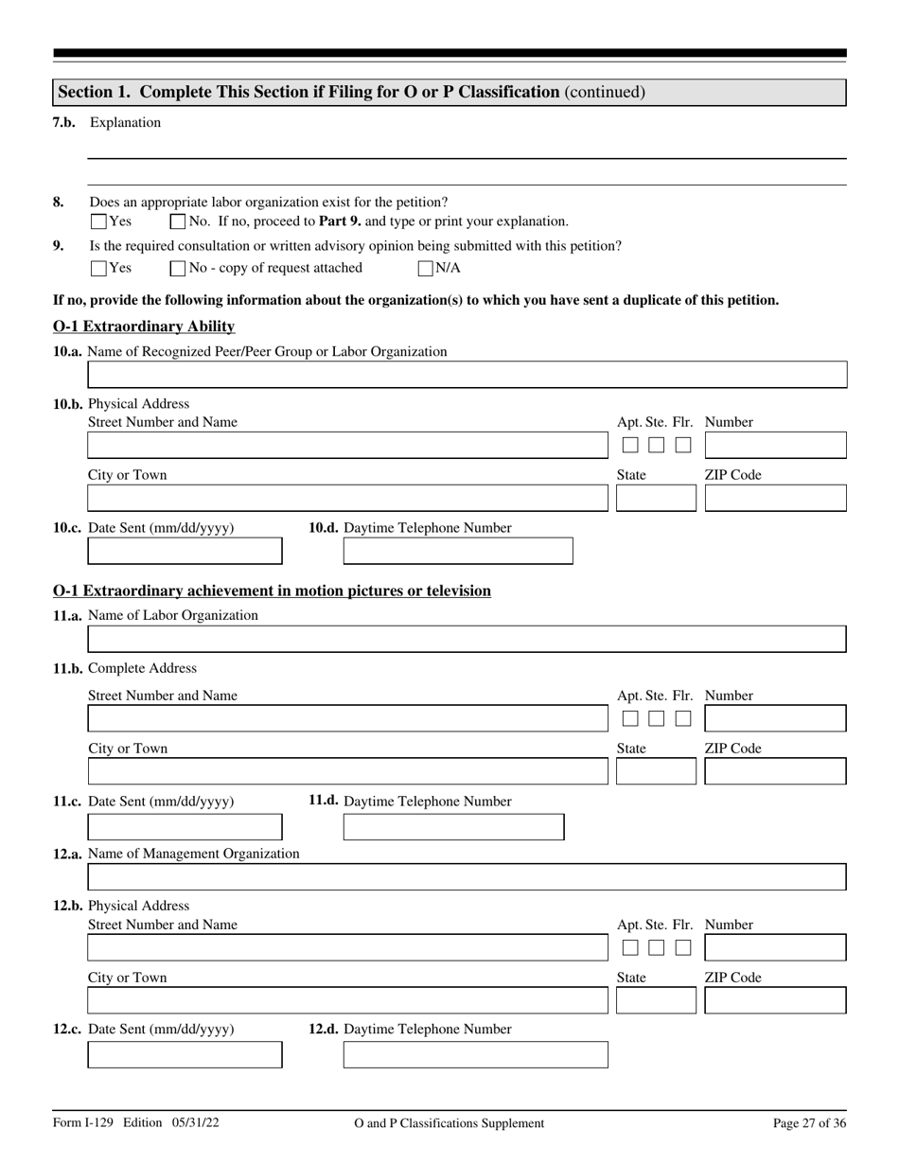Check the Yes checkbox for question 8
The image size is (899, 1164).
98,222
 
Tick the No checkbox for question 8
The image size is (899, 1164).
178,222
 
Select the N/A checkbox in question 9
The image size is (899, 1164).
426,269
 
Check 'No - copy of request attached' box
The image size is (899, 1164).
178,269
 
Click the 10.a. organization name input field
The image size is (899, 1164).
467,376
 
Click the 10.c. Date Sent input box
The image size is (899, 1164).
185,551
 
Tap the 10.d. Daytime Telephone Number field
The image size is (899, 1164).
457,551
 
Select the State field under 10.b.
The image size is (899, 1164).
655,498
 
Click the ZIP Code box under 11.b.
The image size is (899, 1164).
775,771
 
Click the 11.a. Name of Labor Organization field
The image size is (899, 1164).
467,639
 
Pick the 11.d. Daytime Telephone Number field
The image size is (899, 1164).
453,827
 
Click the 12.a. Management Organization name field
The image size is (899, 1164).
467,877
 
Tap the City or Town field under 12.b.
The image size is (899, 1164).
347,1000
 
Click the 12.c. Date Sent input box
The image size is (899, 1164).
185,1054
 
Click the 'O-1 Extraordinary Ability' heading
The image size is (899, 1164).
144,326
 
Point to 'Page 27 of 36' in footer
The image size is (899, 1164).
809,1123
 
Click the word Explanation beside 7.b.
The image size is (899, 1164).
125,122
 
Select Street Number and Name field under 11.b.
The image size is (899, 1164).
347,718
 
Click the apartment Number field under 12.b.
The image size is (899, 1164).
775,947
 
